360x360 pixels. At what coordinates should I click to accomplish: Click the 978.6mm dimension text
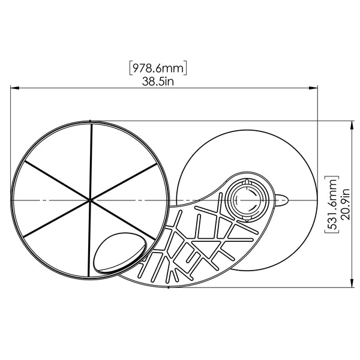coord(158,68)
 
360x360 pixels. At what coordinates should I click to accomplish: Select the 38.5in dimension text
coord(158,81)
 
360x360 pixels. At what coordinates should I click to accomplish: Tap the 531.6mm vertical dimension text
coord(332,205)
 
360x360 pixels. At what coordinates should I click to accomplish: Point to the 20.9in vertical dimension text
coord(345,205)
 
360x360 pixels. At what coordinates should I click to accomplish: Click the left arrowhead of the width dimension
coord(14,88)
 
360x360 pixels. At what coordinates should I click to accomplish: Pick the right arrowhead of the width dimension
coord(313,88)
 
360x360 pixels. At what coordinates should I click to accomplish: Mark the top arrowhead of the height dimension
coord(352,125)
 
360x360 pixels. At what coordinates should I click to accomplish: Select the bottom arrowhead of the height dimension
coord(352,283)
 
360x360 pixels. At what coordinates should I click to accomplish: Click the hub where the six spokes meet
coord(90,200)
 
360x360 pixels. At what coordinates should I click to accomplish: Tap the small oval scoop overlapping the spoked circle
coord(120,253)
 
